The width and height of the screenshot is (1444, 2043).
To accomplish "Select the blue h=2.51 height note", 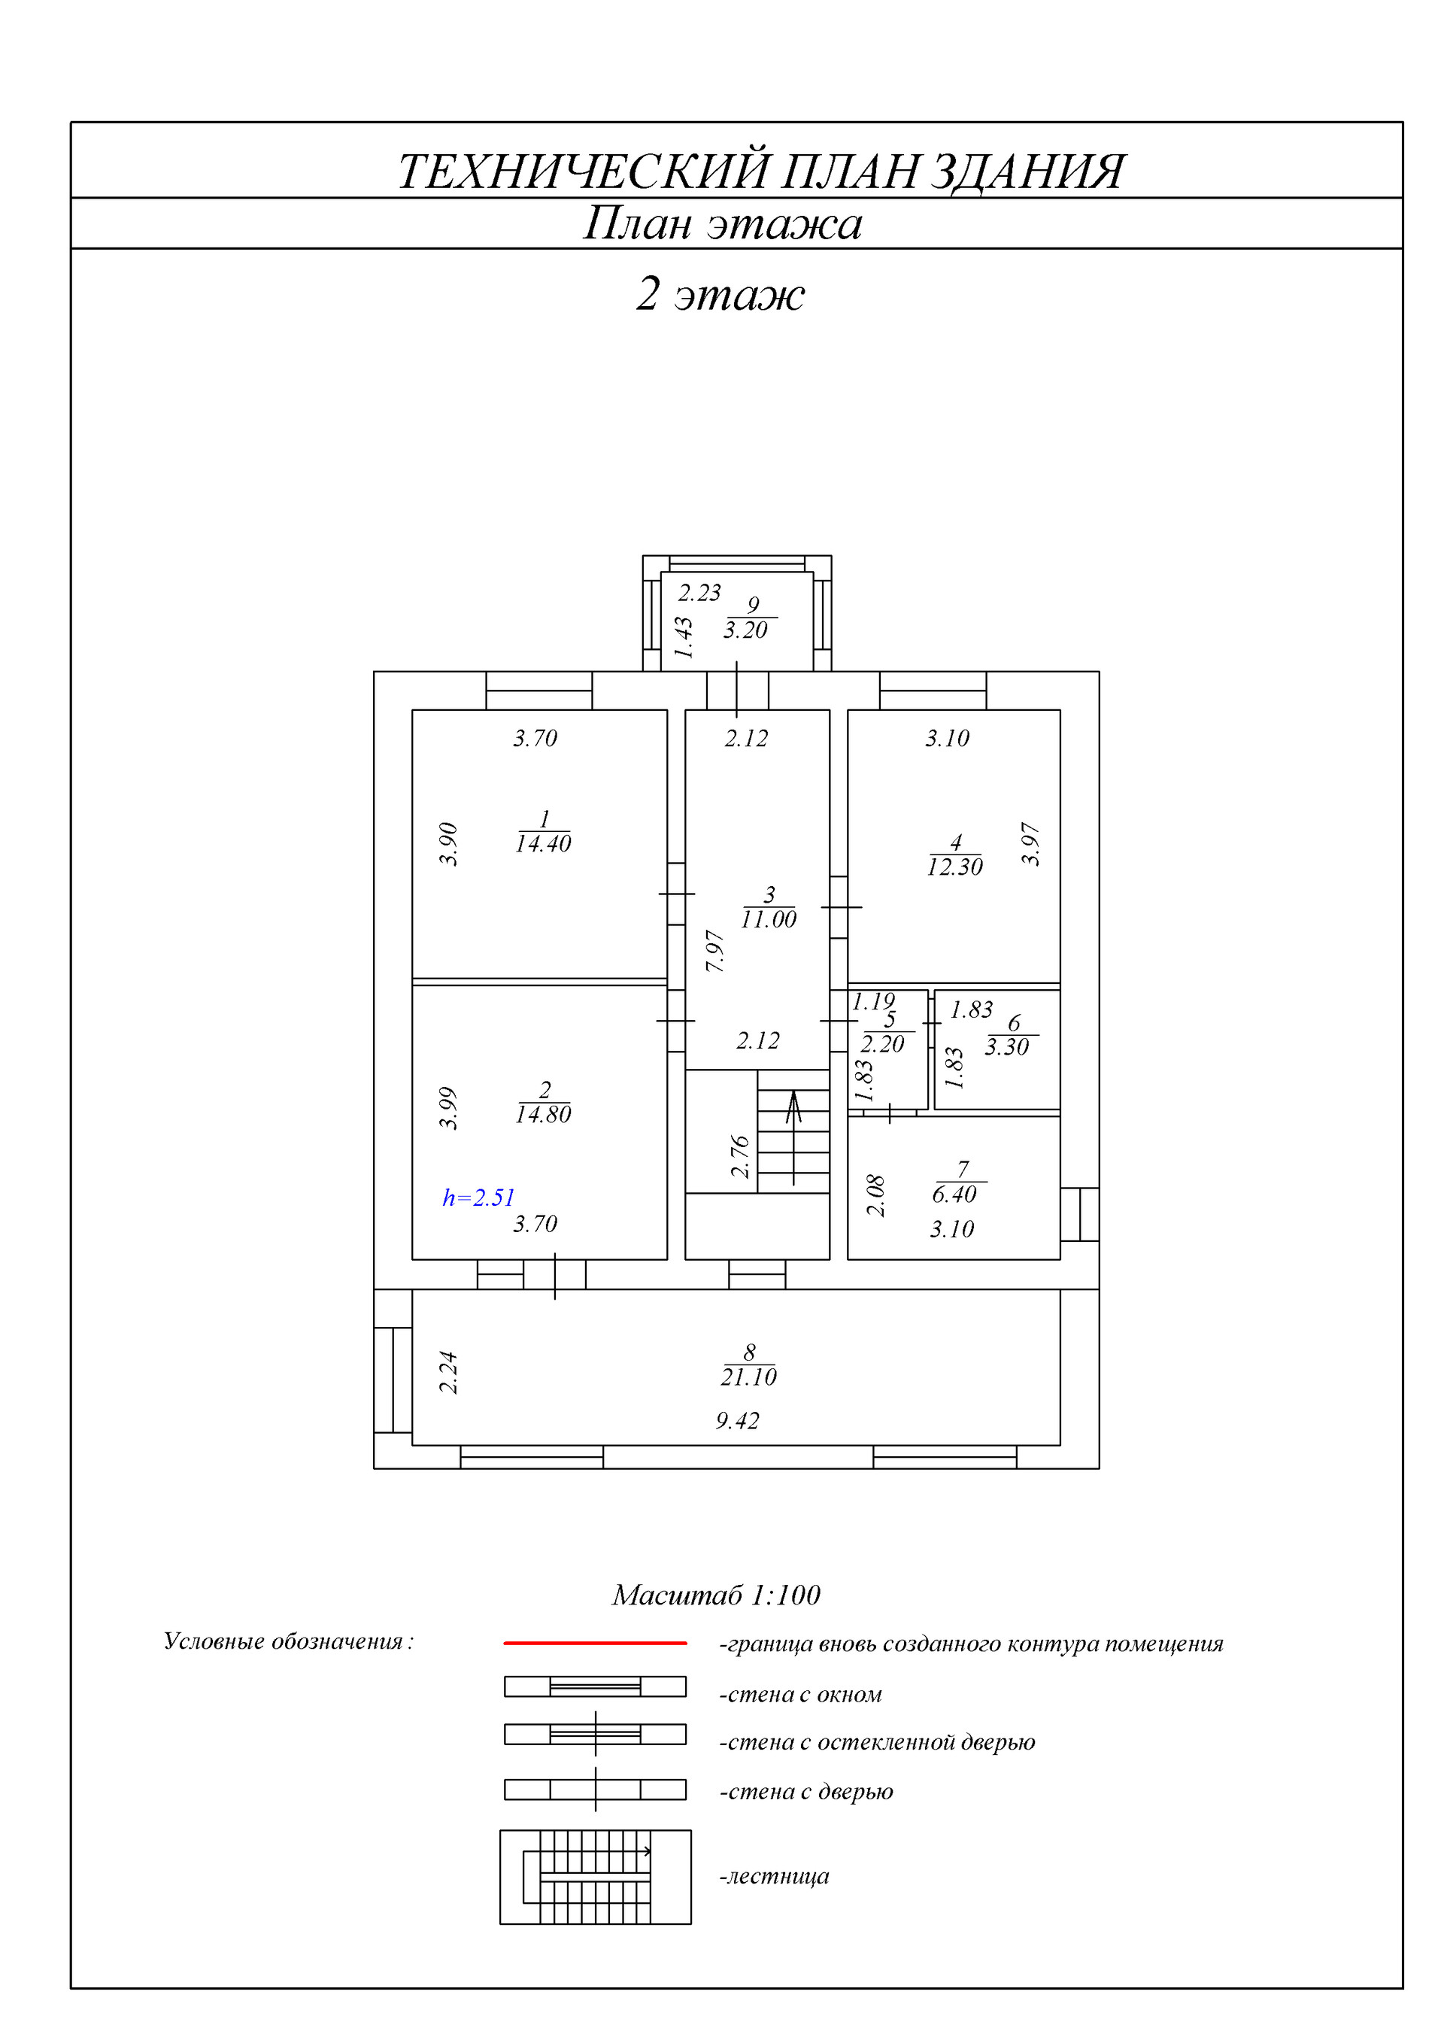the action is [478, 1198].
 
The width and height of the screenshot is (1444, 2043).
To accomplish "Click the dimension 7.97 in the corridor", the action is [715, 950].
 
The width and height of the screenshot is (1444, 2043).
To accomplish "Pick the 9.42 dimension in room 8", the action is [738, 1421].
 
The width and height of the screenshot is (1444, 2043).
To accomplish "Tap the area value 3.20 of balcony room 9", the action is [745, 630].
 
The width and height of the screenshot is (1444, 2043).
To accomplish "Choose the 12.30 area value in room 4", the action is [954, 867].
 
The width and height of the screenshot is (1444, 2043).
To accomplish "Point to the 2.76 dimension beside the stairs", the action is [740, 1156].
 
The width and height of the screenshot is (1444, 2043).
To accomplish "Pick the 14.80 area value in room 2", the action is [543, 1114].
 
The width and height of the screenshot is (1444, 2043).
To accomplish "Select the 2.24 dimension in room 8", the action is [448, 1372].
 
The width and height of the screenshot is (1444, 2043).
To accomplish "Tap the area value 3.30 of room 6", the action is [1006, 1047].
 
